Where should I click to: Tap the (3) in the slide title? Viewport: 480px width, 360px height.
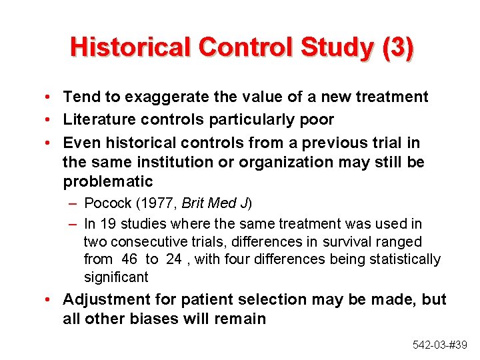click(x=397, y=48)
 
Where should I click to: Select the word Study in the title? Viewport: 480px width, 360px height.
click(x=339, y=48)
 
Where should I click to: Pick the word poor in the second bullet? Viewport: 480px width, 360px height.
click(x=317, y=119)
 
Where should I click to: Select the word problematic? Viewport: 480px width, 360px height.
click(x=108, y=181)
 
